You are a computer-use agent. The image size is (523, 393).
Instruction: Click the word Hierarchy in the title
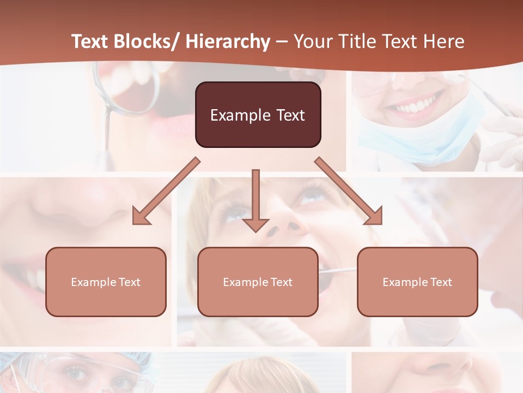[x=228, y=41]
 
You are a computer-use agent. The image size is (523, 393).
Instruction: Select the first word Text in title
[x=90, y=41]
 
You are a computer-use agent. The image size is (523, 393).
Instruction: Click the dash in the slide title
[x=282, y=41]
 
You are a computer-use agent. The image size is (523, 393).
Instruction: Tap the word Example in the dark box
[x=233, y=115]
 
